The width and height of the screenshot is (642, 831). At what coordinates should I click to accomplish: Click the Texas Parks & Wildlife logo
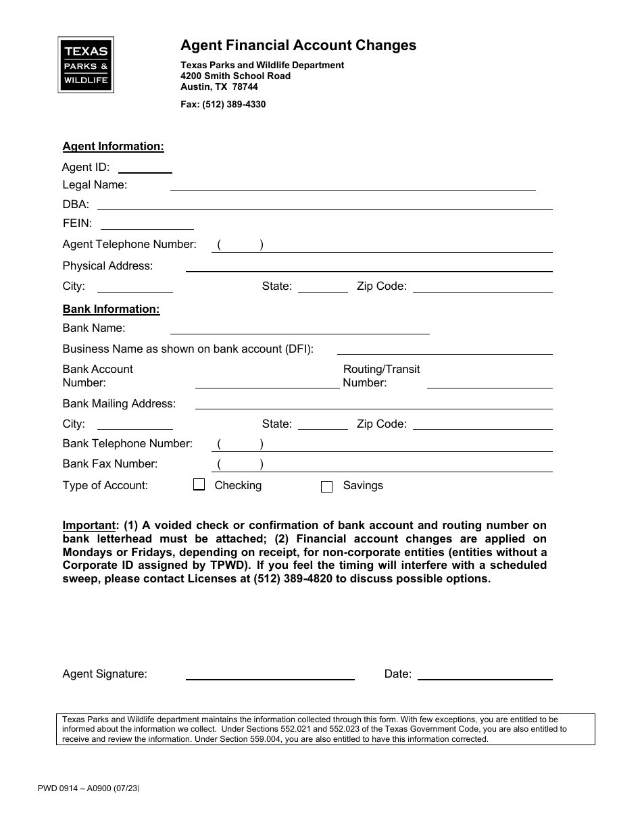[86, 65]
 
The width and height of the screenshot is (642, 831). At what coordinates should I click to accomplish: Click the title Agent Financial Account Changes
[298, 45]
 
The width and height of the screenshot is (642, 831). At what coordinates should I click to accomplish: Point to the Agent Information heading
[113, 147]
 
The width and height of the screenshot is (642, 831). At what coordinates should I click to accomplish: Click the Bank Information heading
[111, 309]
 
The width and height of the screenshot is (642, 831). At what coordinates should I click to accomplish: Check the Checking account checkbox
[199, 484]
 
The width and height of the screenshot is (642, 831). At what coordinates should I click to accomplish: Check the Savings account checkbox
[326, 486]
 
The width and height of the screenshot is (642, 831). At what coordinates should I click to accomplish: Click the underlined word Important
[90, 525]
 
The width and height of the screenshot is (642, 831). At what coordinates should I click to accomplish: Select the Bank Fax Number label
[109, 463]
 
